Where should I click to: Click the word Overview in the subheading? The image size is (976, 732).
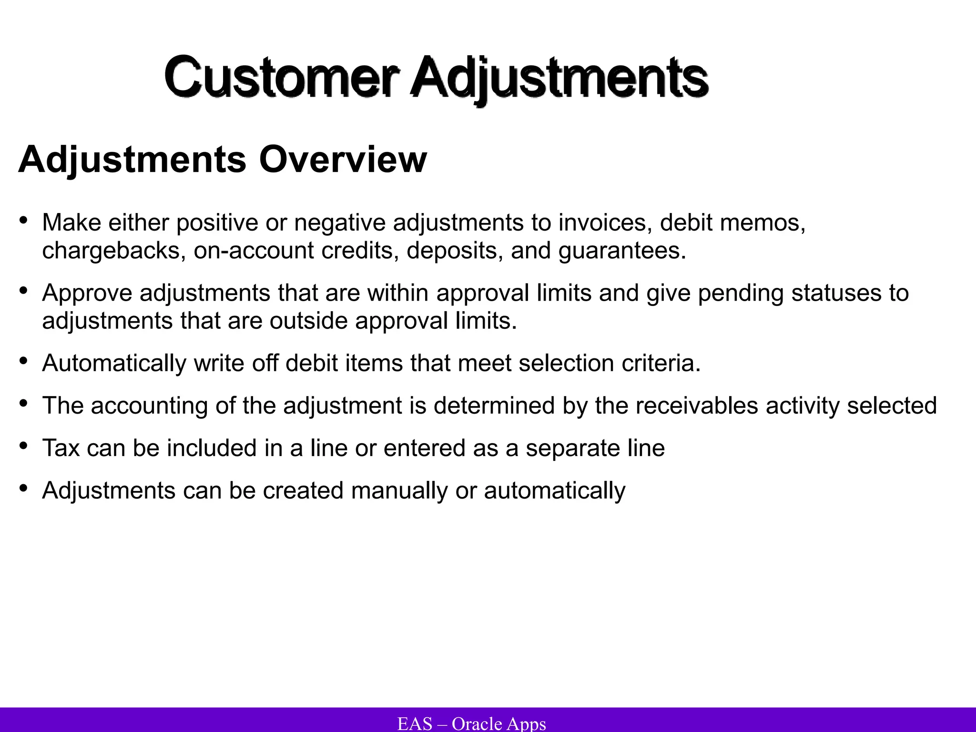[x=343, y=159]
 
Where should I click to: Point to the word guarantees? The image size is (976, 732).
[x=622, y=251]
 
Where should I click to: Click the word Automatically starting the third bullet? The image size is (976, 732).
[x=114, y=363]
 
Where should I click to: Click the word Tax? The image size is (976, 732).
[x=61, y=448]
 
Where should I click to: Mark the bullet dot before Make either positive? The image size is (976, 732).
[x=23, y=221]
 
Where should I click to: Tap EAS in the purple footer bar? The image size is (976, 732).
[x=415, y=723]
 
